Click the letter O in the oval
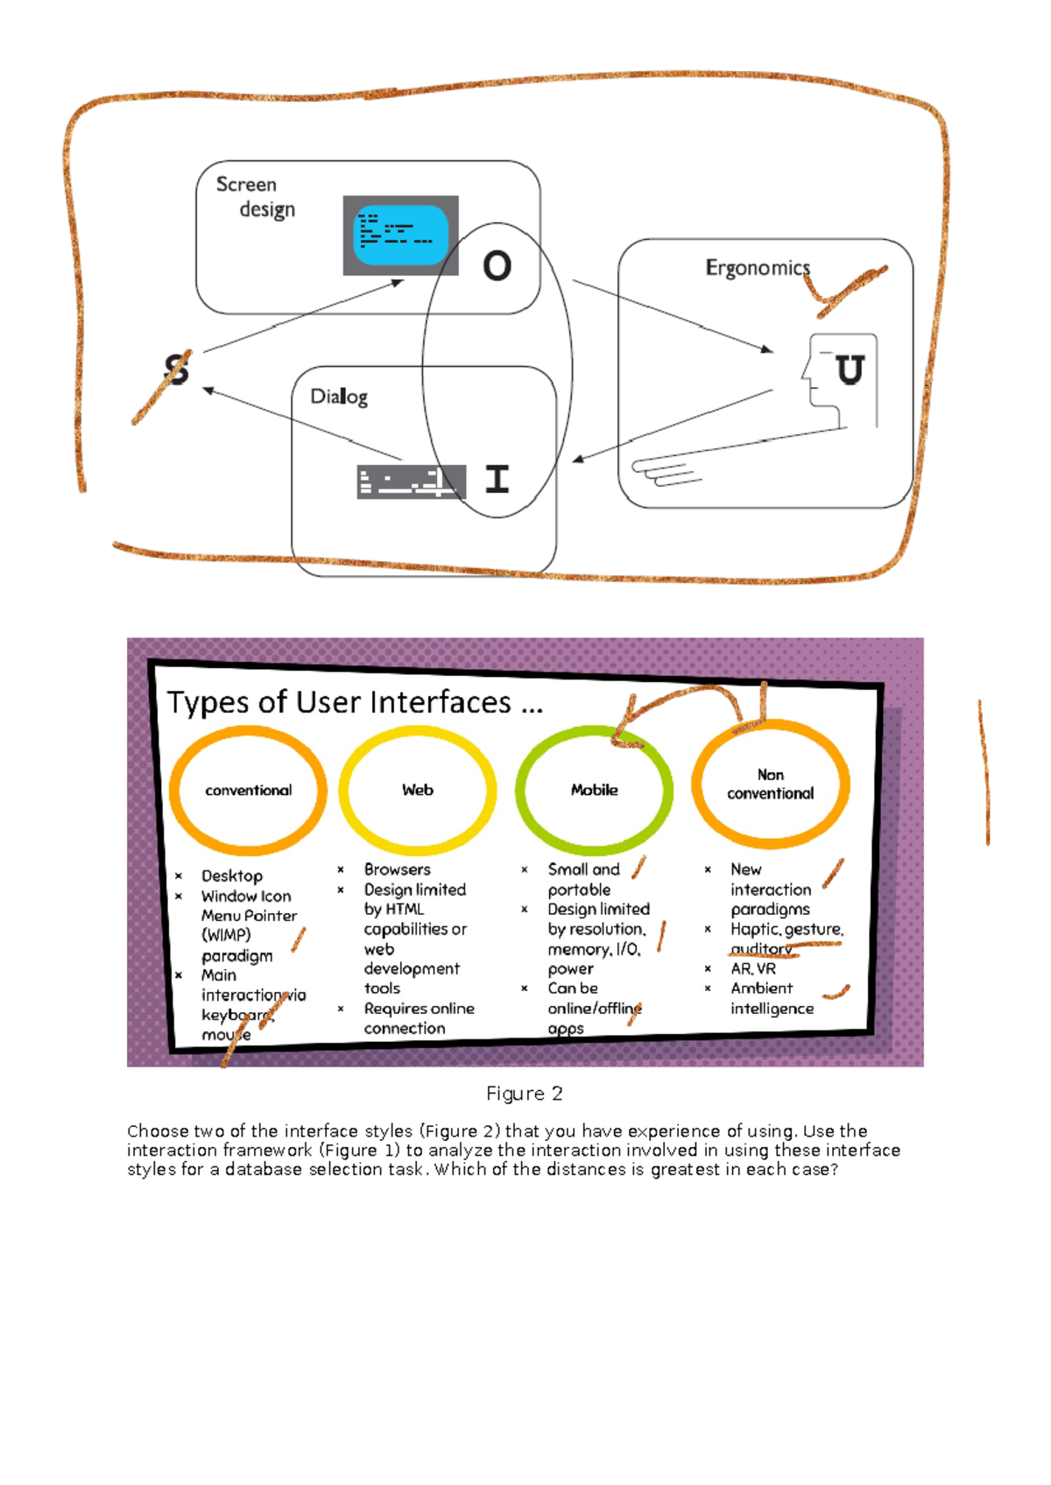[497, 266]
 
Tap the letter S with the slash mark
[176, 369]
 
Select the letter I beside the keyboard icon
[497, 479]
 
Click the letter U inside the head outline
[849, 370]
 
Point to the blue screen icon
[400, 235]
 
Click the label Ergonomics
[758, 268]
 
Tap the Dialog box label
[339, 397]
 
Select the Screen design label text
[256, 197]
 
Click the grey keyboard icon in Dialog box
[411, 482]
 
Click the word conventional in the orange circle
[248, 791]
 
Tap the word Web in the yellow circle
[418, 790]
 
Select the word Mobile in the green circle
[594, 790]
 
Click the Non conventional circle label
[770, 785]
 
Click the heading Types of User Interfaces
[355, 703]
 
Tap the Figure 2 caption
[524, 1094]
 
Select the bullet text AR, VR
[753, 968]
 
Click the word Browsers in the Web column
[397, 869]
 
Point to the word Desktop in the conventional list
[231, 876]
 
